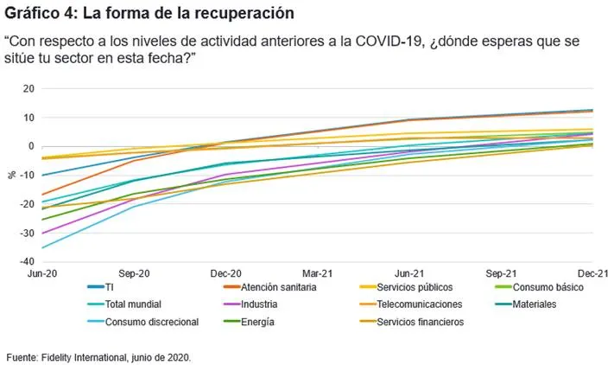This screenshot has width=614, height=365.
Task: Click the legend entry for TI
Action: pyautogui.click(x=101, y=287)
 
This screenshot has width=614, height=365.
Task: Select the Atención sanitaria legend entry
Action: pyautogui.click(x=269, y=287)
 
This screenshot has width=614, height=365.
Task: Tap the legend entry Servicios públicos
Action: pyautogui.click(x=406, y=287)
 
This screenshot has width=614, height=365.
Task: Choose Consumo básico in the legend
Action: pyautogui.click(x=540, y=287)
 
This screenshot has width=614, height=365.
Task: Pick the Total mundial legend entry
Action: pyautogui.click(x=124, y=304)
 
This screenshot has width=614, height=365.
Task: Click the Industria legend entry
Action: pyautogui.click(x=250, y=304)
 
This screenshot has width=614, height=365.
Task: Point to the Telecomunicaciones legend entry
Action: pyautogui.click(x=411, y=304)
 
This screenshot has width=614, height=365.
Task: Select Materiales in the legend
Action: pyautogui.click(x=526, y=304)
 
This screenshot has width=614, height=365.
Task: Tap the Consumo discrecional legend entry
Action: pyautogui.click(x=143, y=322)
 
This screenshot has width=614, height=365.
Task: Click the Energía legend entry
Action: pyautogui.click(x=249, y=322)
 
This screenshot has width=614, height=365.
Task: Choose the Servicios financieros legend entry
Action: pyautogui.click(x=412, y=322)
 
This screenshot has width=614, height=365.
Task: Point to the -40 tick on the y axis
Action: pyautogui.click(x=28, y=261)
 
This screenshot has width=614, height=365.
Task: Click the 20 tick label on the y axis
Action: pyautogui.click(x=29, y=88)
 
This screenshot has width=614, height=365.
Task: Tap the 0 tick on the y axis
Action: pyautogui.click(x=31, y=146)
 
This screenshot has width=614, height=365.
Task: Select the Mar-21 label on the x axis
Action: pyautogui.click(x=317, y=273)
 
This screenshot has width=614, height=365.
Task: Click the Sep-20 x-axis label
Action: pyautogui.click(x=134, y=273)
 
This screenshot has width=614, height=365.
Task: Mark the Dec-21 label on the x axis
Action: pyautogui.click(x=593, y=273)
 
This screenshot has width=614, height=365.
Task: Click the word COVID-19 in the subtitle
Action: pyautogui.click(x=390, y=42)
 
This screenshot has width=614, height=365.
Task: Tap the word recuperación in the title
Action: pyautogui.click(x=244, y=13)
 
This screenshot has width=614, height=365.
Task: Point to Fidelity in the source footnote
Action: pyautogui.click(x=56, y=357)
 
